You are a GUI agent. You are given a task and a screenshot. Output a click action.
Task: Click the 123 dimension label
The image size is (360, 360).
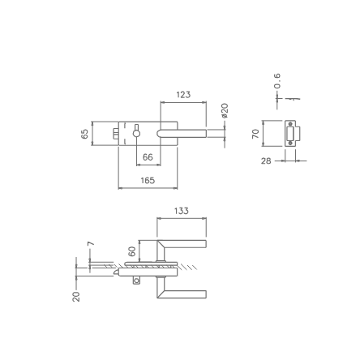coord(183,95)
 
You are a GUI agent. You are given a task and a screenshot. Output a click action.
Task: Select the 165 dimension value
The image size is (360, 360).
coord(148,181)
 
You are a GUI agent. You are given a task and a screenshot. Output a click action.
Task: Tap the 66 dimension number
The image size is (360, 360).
coord(148,157)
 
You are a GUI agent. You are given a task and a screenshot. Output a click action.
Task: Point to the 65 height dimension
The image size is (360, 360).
coord(85,134)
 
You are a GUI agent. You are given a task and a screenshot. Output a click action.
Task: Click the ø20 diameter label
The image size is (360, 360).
coord(225,109)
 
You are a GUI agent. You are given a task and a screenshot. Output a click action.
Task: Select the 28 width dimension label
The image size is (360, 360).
coord(266,161)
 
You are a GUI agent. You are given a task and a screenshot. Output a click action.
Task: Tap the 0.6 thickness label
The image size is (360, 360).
coord(277,81)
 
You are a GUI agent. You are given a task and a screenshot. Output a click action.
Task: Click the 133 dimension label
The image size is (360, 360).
coord(182,211)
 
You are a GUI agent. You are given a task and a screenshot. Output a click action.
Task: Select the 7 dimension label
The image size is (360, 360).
coord(90,243)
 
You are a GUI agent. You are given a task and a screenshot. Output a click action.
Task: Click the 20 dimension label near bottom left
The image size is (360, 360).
coord(77,297)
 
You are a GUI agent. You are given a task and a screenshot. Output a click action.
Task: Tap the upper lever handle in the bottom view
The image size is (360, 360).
coord(183,243)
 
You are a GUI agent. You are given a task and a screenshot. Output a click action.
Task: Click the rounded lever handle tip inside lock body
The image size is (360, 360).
coord(162,133)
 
